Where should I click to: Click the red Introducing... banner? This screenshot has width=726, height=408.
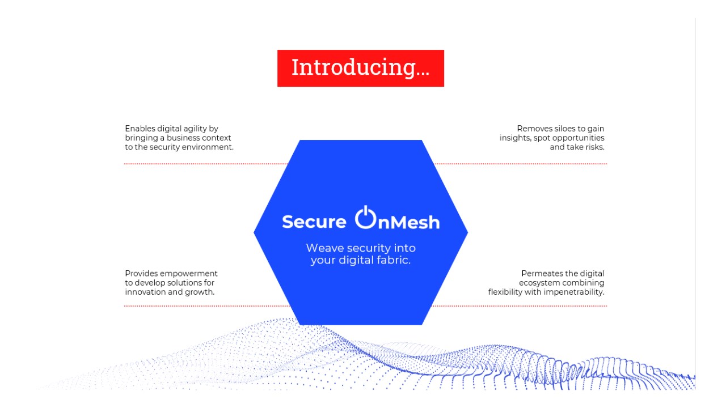[360, 69]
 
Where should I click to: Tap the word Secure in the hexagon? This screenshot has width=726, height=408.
[314, 222]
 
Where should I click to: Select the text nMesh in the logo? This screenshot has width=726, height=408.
[409, 223]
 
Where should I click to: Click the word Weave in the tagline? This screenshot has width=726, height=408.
[325, 248]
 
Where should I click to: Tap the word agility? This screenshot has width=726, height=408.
[194, 129]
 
